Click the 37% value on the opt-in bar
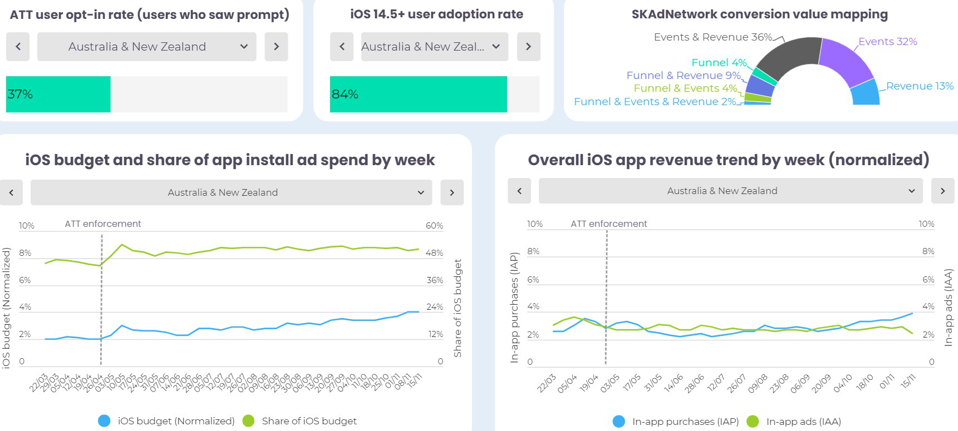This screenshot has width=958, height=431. (x=20, y=95)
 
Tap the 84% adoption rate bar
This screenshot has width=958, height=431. (x=418, y=95)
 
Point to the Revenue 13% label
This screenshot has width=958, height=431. (x=920, y=86)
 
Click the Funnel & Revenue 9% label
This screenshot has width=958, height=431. (x=683, y=76)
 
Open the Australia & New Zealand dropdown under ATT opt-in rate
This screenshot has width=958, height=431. (x=146, y=47)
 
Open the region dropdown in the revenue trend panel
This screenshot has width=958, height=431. (x=730, y=191)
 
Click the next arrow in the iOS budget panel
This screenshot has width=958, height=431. (x=452, y=192)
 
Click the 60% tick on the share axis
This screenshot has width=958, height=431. (x=434, y=226)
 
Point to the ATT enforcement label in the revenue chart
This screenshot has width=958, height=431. (x=608, y=224)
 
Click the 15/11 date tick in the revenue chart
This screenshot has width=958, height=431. (x=908, y=381)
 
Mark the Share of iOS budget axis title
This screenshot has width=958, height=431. (x=458, y=308)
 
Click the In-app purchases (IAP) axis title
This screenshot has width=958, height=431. (x=514, y=308)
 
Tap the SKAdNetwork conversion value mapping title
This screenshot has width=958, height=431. (x=759, y=14)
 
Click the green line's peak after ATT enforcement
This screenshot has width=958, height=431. (x=122, y=245)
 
